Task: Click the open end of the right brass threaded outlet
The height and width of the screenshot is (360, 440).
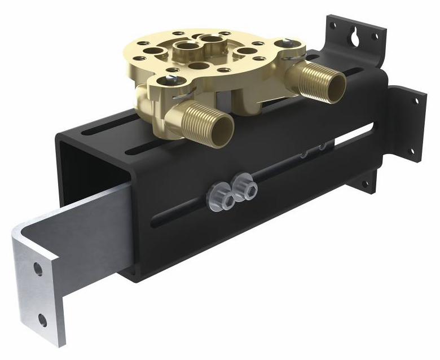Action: click(x=337, y=85)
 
